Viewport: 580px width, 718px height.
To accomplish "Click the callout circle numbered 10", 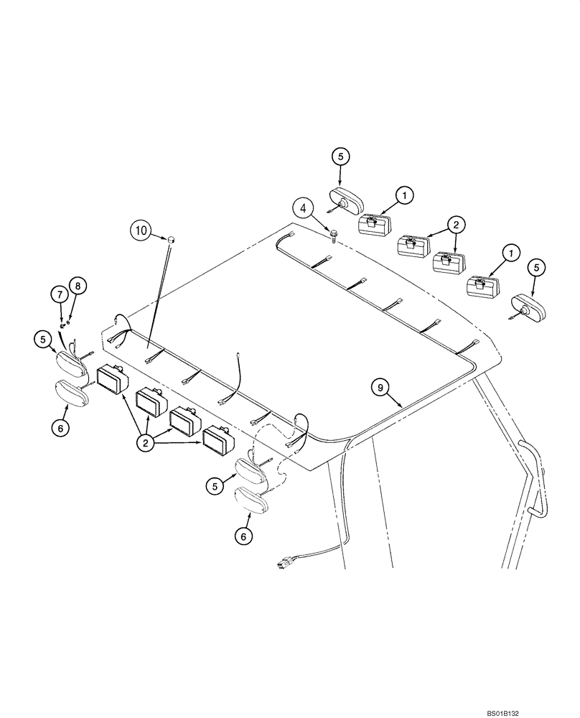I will [x=141, y=231].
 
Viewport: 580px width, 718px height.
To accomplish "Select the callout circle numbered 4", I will [x=304, y=210].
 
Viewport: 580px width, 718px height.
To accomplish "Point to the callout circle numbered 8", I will [x=78, y=285].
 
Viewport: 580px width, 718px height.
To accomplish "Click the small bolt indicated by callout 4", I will [x=334, y=233].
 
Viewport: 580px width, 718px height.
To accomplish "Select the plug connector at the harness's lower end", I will [x=284, y=564].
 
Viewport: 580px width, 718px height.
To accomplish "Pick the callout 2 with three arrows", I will [x=146, y=443].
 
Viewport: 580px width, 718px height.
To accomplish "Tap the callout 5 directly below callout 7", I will [x=42, y=338].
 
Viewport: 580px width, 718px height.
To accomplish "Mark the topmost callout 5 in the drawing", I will [x=341, y=156].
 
